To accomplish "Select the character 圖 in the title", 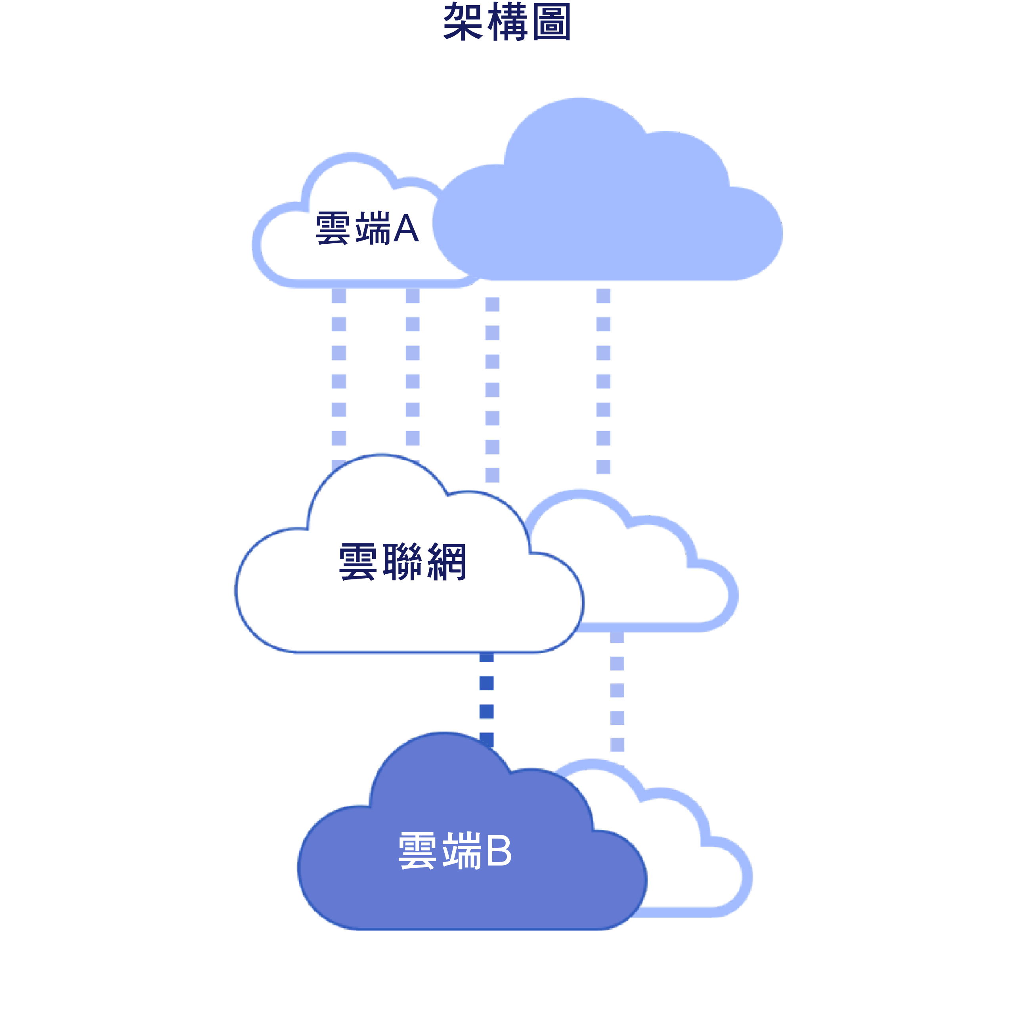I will point(551,22).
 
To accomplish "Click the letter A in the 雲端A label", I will point(405,228).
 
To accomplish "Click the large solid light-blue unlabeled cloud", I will point(607,213).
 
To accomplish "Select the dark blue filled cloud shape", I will point(468,894).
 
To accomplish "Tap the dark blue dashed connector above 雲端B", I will point(486,697).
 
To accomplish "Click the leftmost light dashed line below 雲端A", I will point(338,367).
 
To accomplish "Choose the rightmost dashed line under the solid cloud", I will point(604,380).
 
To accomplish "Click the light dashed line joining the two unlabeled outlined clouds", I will point(617,692).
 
